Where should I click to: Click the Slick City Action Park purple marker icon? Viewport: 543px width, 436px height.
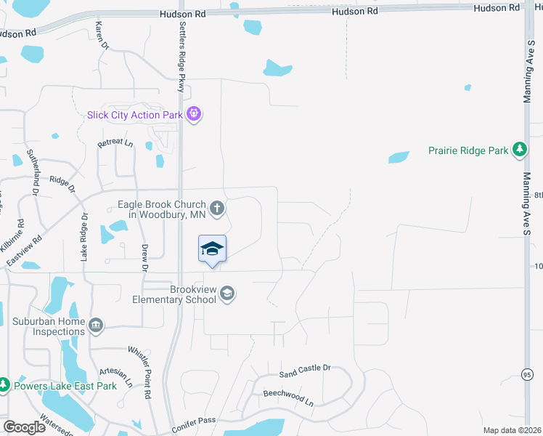(x=193, y=113)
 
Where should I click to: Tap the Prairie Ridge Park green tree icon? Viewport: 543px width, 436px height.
(x=519, y=150)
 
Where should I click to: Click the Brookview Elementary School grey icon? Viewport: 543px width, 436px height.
(x=226, y=293)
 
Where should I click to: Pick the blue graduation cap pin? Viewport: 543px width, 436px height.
(x=212, y=249)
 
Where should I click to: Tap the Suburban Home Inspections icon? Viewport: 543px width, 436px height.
(x=97, y=324)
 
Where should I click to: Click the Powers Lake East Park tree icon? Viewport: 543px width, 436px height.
(x=4, y=384)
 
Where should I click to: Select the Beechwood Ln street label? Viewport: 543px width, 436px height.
(x=288, y=397)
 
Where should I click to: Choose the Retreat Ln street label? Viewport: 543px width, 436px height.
(x=115, y=143)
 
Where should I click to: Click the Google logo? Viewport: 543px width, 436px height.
(x=24, y=427)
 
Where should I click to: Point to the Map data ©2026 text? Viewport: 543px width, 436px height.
(x=513, y=430)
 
